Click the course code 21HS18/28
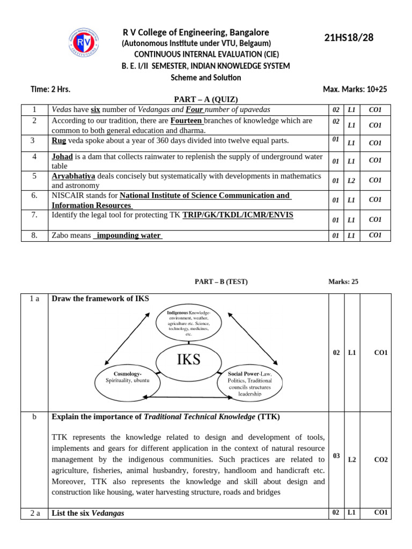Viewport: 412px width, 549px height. [349, 37]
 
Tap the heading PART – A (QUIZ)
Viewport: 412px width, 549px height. [206, 99]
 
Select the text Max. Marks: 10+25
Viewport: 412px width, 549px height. [355, 89]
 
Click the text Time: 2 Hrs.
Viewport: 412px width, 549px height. [50, 89]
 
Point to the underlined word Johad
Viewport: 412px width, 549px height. [62, 157]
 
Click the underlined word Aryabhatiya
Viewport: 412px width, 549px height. [73, 176]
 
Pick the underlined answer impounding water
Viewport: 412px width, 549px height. [128, 235]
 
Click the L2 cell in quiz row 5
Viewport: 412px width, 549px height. [351, 181]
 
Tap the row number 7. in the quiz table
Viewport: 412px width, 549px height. [34, 214]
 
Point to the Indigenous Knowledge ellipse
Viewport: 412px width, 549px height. [188, 323]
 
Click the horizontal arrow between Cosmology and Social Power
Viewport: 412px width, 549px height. [188, 397]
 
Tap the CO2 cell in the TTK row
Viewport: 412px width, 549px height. [381, 459]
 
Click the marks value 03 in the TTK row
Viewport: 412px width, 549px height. [336, 456]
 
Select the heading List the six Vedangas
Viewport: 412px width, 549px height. [87, 513]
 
